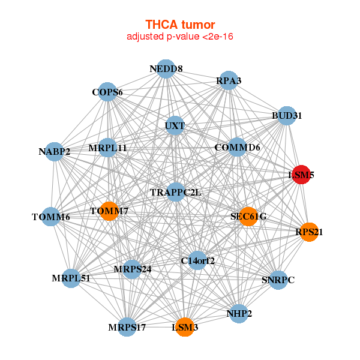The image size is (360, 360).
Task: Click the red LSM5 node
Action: tap(301, 175)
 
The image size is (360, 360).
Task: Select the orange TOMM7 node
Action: tap(109, 211)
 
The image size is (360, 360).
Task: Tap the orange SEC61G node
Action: tap(248, 217)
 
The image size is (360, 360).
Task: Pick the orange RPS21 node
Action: tap(308, 232)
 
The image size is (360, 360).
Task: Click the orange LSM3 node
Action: tap(185, 328)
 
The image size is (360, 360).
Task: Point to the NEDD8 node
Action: tap(166, 69)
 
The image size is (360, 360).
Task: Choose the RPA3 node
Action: tap(229, 80)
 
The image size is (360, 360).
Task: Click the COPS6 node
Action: tap(107, 92)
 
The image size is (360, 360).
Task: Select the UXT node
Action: tap(175, 126)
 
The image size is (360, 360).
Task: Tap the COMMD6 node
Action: tap(238, 147)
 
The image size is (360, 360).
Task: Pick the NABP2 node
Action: tap(55, 151)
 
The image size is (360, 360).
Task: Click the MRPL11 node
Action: tap(107, 147)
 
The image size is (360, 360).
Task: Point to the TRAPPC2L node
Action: tap(176, 192)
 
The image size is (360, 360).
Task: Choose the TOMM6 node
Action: tap(51, 217)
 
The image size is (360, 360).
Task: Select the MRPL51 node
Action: tap(71, 278)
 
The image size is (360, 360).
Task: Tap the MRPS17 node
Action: tap(127, 327)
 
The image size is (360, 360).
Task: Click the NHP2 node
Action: tap(239, 314)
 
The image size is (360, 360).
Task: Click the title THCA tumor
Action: tap(180, 25)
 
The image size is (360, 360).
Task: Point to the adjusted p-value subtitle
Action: tap(180, 37)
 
